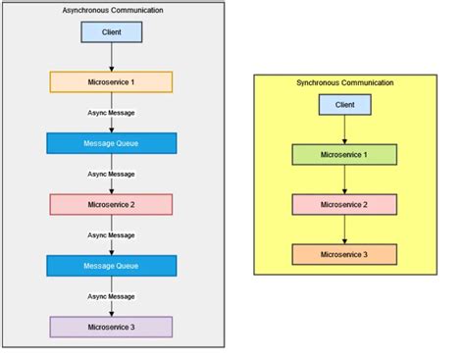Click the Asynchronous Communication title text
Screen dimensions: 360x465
pyautogui.click(x=112, y=10)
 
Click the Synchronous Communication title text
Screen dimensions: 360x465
pyautogui.click(x=344, y=83)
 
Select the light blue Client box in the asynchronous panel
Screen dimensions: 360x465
pyautogui.click(x=111, y=32)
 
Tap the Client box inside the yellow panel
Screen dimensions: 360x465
pyautogui.click(x=344, y=104)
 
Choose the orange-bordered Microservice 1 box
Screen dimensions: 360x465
pyautogui.click(x=111, y=81)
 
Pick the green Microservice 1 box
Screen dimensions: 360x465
pyautogui.click(x=344, y=155)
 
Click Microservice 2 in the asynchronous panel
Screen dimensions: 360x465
pyautogui.click(x=111, y=204)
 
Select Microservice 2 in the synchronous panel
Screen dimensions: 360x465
pyautogui.click(x=344, y=204)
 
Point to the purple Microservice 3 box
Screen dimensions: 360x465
pyautogui.click(x=111, y=327)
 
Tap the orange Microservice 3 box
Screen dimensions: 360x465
pyautogui.click(x=344, y=254)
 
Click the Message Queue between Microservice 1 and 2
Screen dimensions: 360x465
pyautogui.click(x=111, y=143)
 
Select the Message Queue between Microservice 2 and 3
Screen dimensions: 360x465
pyautogui.click(x=111, y=266)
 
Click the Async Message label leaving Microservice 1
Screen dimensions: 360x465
pyautogui.click(x=111, y=113)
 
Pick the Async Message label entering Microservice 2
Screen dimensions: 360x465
pyautogui.click(x=111, y=174)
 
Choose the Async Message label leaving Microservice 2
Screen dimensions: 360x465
pyautogui.click(x=111, y=235)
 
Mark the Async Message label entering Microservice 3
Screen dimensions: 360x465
pyautogui.click(x=111, y=296)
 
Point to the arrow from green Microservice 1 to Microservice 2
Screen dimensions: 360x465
pyautogui.click(x=344, y=180)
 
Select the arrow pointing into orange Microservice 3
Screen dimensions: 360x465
pyautogui.click(x=344, y=230)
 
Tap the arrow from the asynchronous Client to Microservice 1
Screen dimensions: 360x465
pyautogui.click(x=111, y=57)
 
